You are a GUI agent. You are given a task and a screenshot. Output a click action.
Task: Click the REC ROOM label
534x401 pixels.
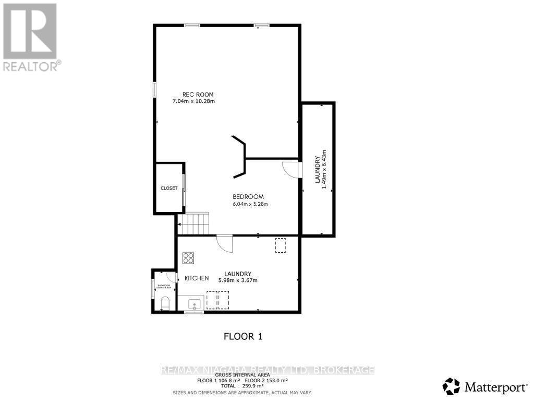point(187,95)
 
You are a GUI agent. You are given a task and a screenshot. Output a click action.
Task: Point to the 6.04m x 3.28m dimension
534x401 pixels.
point(250,204)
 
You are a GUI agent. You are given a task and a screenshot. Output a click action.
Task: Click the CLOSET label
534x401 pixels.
point(169,188)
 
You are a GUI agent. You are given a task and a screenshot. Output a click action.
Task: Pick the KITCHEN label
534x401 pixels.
point(197,278)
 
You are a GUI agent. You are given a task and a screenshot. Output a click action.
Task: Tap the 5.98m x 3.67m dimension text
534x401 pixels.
point(238,280)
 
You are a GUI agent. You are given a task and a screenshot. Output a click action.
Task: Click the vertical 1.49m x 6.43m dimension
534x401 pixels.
point(324,169)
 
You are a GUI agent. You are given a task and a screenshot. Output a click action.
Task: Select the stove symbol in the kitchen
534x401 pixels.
point(188,258)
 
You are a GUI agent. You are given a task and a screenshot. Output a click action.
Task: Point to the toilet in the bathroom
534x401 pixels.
point(165,303)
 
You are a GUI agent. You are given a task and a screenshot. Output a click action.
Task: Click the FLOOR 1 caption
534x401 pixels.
point(243,336)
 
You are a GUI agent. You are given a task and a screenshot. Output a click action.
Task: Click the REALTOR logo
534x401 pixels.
point(31,37)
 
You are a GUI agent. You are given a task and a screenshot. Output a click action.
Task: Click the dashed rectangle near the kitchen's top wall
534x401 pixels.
point(281,245)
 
